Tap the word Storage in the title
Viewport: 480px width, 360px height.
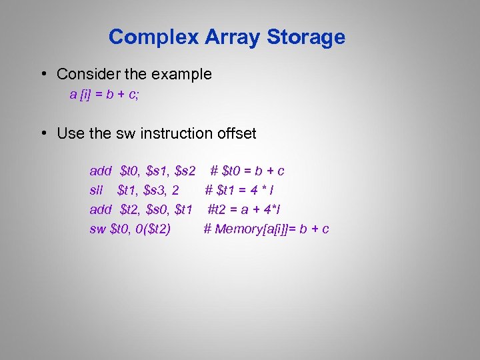tap(306, 37)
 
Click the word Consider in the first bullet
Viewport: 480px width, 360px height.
tap(86, 74)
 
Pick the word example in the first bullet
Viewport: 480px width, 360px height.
tap(182, 74)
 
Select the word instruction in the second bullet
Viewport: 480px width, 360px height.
tap(178, 133)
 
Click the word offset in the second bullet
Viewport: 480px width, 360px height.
tap(237, 133)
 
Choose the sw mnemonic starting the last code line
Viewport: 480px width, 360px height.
tap(97, 229)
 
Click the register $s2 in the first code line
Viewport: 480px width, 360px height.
tap(185, 171)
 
